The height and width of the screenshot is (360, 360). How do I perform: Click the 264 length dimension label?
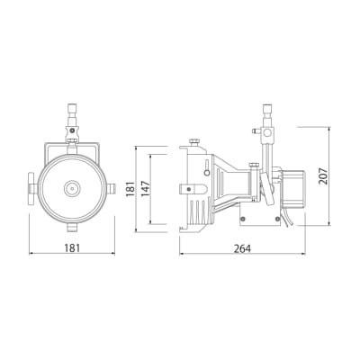point(242,248)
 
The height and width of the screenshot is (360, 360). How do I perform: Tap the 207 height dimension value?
point(323,176)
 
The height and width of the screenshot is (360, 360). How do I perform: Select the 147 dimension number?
point(145,189)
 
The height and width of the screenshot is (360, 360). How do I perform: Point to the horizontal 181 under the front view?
point(72,248)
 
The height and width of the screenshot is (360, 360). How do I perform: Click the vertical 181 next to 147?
point(130,189)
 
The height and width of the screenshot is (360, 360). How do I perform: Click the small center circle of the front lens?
point(72,189)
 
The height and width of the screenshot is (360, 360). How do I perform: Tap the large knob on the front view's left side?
point(33,189)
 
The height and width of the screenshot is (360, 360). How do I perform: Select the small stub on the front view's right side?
point(111,189)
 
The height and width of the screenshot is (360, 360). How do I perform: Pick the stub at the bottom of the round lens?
point(72,227)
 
